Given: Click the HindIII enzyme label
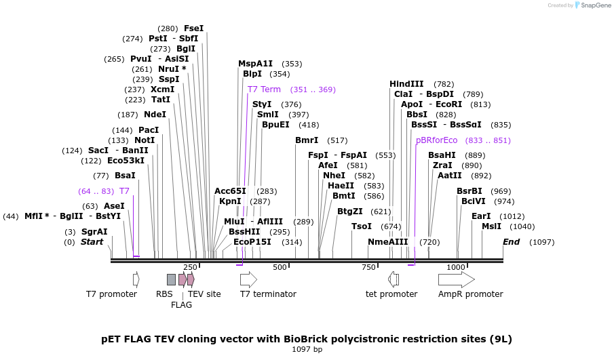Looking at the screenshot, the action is click(x=406, y=84).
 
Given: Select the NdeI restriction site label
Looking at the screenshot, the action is click(x=155, y=115).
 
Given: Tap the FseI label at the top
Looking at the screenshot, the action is click(x=194, y=28).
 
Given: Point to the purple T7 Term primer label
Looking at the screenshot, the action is click(x=264, y=89).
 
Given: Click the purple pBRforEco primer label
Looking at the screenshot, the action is click(x=437, y=140).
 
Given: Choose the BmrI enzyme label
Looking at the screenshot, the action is click(x=307, y=140).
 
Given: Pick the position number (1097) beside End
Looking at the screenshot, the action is click(x=541, y=242).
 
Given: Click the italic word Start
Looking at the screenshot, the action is click(x=92, y=242).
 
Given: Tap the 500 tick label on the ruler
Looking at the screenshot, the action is click(x=280, y=267).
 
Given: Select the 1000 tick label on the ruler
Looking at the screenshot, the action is click(x=456, y=267).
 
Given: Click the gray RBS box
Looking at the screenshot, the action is click(x=171, y=280).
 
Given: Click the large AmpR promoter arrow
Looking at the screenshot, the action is click(x=457, y=280).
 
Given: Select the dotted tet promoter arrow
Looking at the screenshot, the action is click(x=393, y=280).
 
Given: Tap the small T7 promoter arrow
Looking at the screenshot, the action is click(x=136, y=280).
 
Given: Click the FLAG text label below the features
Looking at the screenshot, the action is click(x=181, y=305).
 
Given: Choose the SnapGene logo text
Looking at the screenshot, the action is click(x=596, y=5).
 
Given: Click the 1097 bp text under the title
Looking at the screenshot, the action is click(x=307, y=349).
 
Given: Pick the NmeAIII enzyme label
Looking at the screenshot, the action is click(x=387, y=242).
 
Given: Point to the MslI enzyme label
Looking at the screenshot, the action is click(x=491, y=226).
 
